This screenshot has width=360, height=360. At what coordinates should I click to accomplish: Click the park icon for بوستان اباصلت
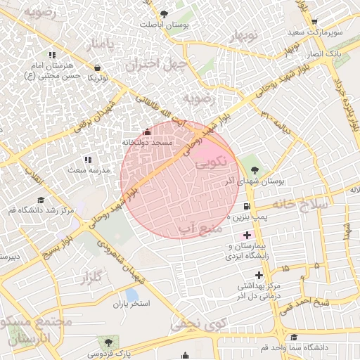pyautogui.click(x=164, y=13)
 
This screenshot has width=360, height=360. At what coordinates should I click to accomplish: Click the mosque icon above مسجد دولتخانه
pyautogui.click(x=146, y=131)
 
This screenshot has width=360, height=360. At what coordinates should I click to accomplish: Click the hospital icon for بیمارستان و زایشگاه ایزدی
pyautogui.click(x=245, y=234)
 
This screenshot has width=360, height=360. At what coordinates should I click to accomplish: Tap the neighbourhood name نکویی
pyautogui.click(x=211, y=163)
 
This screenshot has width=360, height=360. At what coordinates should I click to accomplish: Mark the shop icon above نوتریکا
pyautogui.click(x=96, y=67)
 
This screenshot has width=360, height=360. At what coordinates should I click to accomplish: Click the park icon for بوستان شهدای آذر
pyautogui.click(x=254, y=169)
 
